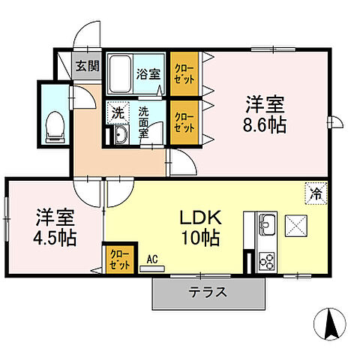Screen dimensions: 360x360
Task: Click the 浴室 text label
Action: [148, 73]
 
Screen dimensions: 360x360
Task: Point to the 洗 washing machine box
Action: [117, 113]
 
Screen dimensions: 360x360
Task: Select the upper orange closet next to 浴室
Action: [183, 73]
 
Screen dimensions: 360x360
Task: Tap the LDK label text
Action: [199, 218]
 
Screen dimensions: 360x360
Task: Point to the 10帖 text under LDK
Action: [200, 239]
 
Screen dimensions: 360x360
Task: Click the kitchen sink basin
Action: [268, 223]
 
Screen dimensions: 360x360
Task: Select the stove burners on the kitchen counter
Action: [267, 261]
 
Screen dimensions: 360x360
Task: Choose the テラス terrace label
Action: [210, 292]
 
